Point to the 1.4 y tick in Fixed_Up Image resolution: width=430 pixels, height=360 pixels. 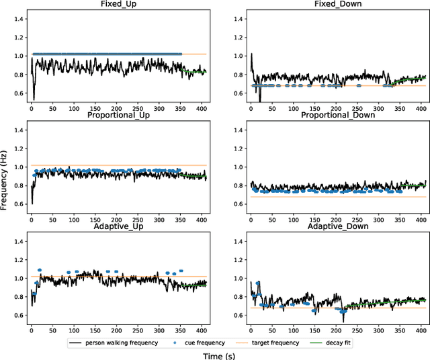click(x=15, y=19)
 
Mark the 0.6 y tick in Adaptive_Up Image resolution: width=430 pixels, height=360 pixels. click(x=15, y=315)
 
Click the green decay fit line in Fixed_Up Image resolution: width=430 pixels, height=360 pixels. click(x=195, y=71)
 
